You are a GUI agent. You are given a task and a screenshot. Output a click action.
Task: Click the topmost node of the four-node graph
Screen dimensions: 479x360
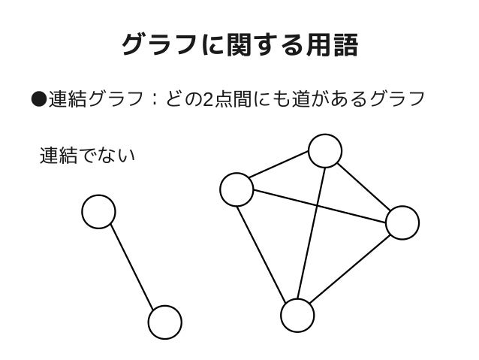tap(325, 152)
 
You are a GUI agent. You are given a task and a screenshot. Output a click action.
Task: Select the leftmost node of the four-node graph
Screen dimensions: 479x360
tap(236, 189)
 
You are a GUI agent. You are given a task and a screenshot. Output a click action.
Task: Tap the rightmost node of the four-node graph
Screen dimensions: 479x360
tap(402, 222)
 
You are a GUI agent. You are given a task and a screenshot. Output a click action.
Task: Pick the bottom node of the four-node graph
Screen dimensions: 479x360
tap(297, 315)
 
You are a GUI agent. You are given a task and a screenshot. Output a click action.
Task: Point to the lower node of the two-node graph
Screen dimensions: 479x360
tap(164, 322)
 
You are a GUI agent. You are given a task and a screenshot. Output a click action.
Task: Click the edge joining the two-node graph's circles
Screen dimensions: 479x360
tap(131, 267)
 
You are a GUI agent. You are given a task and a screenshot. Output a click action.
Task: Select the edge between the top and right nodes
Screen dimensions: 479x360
tap(363, 186)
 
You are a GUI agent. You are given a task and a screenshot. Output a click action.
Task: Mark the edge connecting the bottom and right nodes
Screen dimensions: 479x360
tap(349, 268)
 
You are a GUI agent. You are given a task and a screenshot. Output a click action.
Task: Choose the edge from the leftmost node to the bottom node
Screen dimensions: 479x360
tap(267, 252)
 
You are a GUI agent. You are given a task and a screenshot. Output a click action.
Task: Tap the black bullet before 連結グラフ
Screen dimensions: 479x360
tap(39, 99)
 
